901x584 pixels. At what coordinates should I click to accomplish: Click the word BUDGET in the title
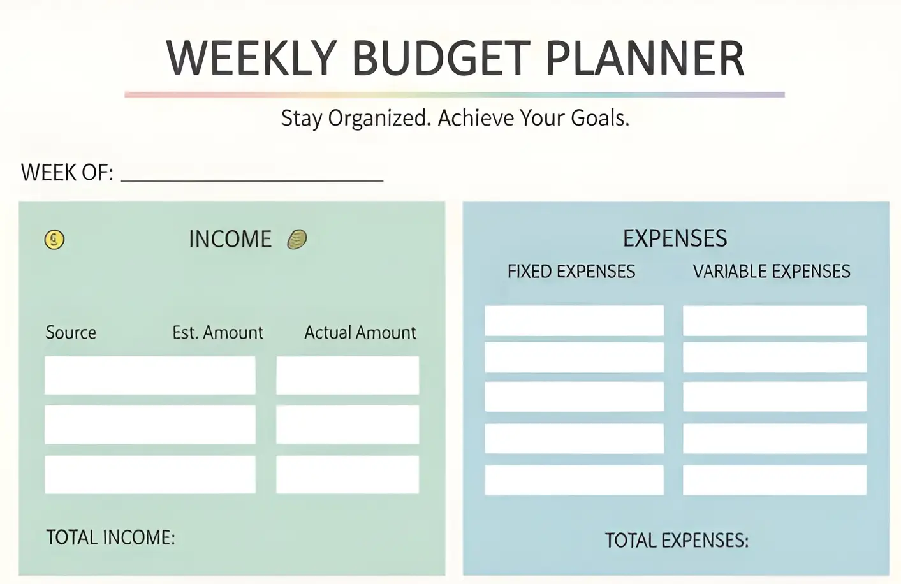[441, 58]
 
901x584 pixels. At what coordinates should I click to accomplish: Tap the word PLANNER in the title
[645, 58]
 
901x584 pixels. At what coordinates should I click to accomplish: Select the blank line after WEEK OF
[252, 181]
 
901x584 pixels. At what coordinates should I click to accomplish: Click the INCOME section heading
[230, 239]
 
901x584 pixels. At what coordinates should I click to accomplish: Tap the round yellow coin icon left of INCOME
[54, 240]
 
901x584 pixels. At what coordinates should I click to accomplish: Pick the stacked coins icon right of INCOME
[297, 239]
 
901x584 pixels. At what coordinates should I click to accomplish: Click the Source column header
[71, 333]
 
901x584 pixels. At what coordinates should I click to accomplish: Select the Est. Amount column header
[217, 333]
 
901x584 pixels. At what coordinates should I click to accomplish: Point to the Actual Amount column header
[360, 333]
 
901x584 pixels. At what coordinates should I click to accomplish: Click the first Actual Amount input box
[348, 376]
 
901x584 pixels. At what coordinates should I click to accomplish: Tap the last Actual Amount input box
[348, 474]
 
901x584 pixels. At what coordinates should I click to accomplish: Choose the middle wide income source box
[150, 425]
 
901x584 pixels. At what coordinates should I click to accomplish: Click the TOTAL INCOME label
[110, 537]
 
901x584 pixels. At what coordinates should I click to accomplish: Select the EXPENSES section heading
[675, 238]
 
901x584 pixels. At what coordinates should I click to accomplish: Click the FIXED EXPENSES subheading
[571, 272]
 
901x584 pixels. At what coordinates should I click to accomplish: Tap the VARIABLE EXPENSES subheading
[772, 272]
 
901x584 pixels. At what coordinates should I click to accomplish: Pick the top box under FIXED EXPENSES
[575, 321]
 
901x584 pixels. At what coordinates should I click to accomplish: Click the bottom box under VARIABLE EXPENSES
[775, 480]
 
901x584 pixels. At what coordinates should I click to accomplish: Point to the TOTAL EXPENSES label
[677, 540]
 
